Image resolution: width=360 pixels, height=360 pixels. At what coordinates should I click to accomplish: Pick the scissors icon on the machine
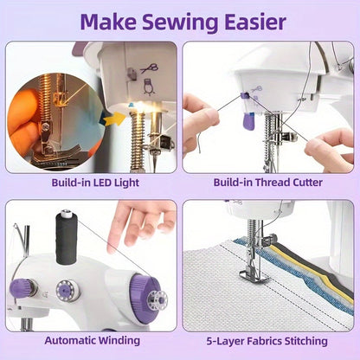coord(150,66)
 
